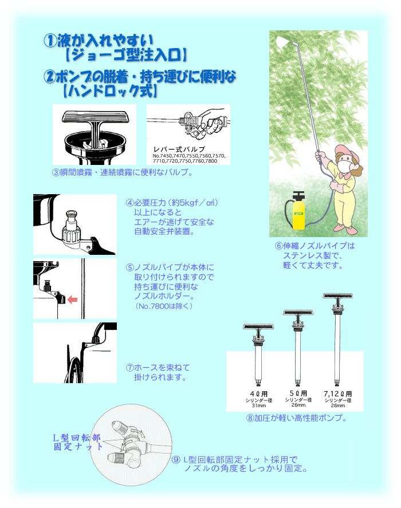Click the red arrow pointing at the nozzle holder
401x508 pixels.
click(x=72, y=300)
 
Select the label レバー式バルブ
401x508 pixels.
click(x=179, y=149)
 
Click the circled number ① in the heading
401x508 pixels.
click(x=50, y=41)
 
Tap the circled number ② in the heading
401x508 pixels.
click(x=50, y=77)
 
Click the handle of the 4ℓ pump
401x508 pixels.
click(x=259, y=327)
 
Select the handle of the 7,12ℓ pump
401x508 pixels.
click(x=338, y=296)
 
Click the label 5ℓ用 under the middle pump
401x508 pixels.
click(x=298, y=393)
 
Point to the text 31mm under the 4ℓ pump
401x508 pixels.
click(x=259, y=405)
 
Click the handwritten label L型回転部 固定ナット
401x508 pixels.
click(x=77, y=442)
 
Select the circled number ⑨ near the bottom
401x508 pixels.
click(x=176, y=460)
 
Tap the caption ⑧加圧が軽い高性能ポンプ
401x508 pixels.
click(x=296, y=418)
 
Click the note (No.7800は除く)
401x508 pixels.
click(x=164, y=306)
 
